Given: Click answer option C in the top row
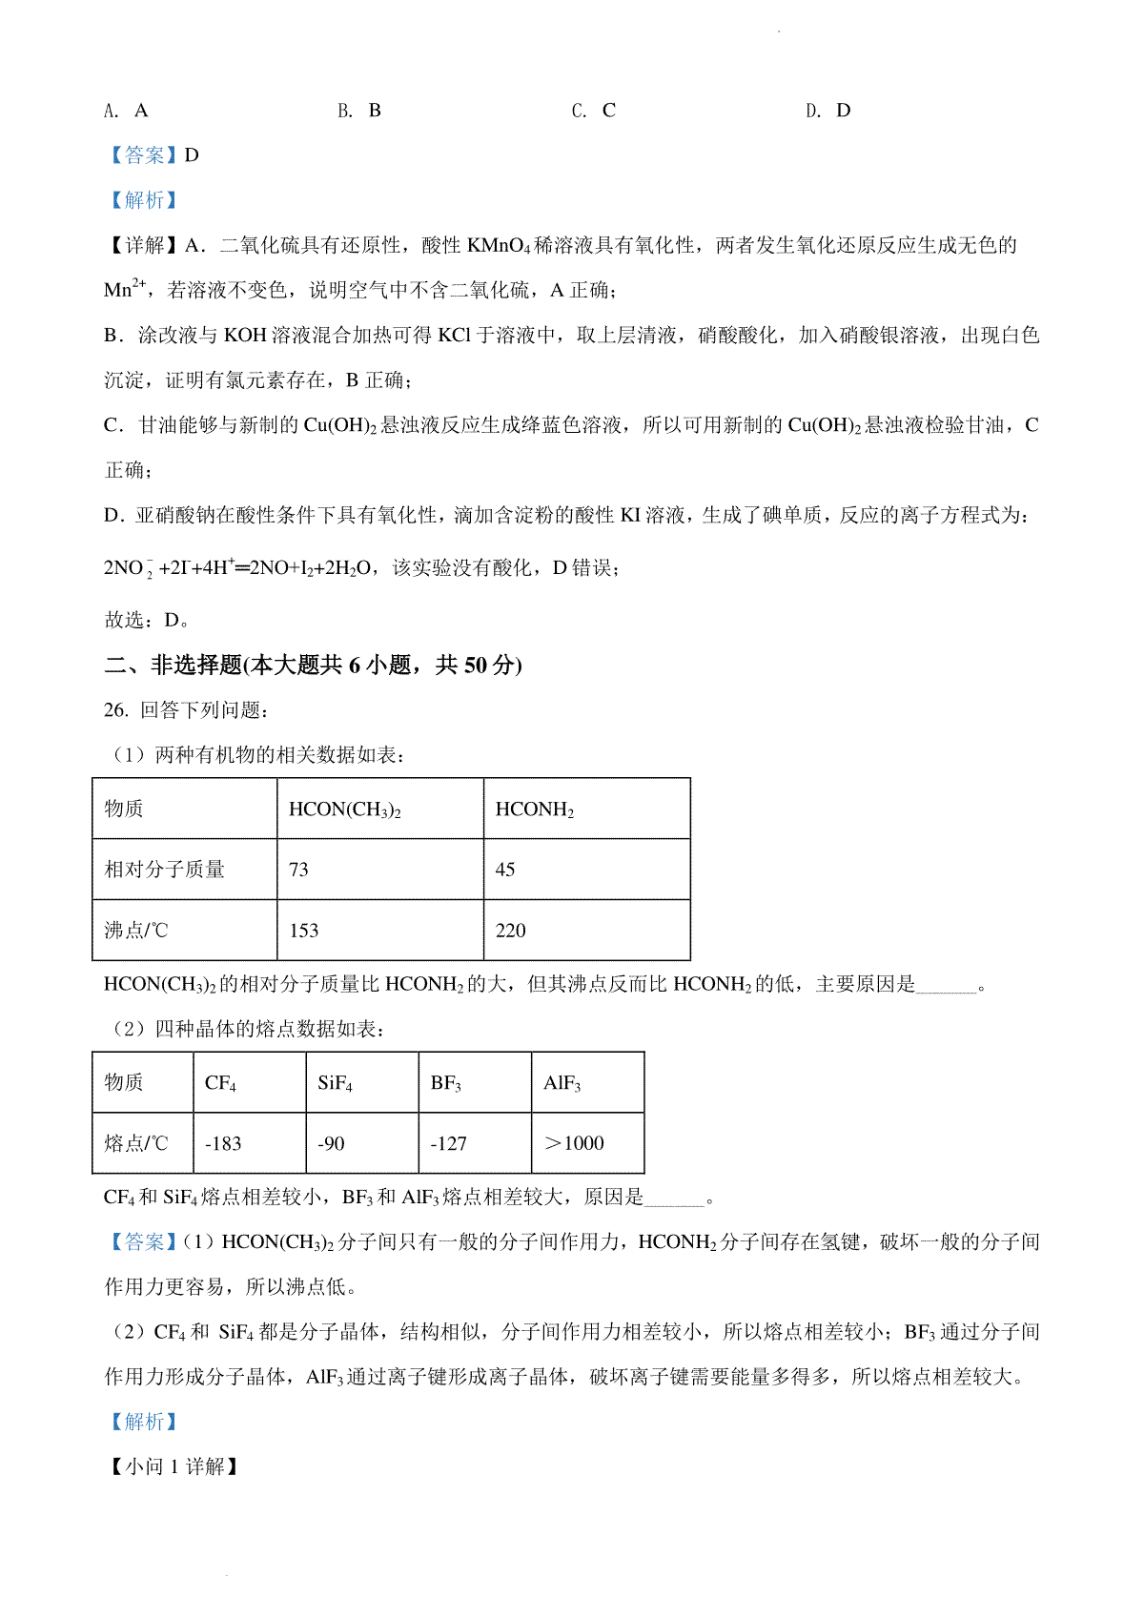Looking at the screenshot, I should [594, 111].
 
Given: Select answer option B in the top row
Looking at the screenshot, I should [359, 111].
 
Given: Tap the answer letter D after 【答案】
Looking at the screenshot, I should [192, 155].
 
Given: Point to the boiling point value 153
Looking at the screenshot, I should [304, 931].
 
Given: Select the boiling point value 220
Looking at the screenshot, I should [511, 931].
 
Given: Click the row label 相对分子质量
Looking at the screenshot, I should [164, 870].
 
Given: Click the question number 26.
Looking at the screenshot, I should [115, 710].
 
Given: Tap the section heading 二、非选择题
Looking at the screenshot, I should [174, 666].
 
